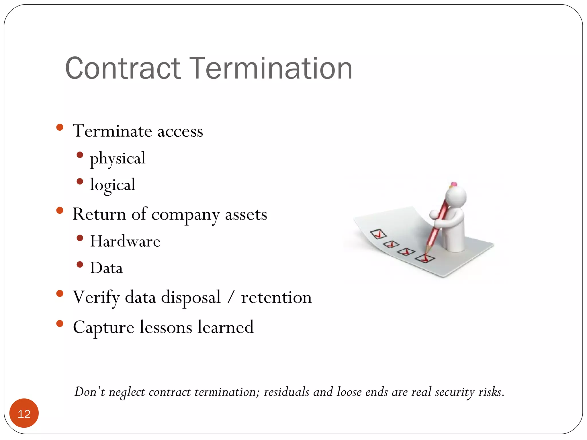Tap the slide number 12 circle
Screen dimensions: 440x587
[x=24, y=413]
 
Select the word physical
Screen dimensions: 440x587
[x=118, y=158]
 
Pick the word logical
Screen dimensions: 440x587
[x=113, y=185]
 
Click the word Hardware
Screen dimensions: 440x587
[x=125, y=241]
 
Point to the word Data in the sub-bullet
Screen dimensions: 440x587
[x=106, y=268]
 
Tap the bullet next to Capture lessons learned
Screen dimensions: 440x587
[x=60, y=324]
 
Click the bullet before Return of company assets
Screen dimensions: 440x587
[x=60, y=211]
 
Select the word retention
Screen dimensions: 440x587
[x=276, y=297]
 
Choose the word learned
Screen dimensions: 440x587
[x=225, y=327]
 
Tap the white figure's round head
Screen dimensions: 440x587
[x=456, y=197]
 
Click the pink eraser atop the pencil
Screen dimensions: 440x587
[x=453, y=184]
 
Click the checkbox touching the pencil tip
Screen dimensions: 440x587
[x=425, y=258]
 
